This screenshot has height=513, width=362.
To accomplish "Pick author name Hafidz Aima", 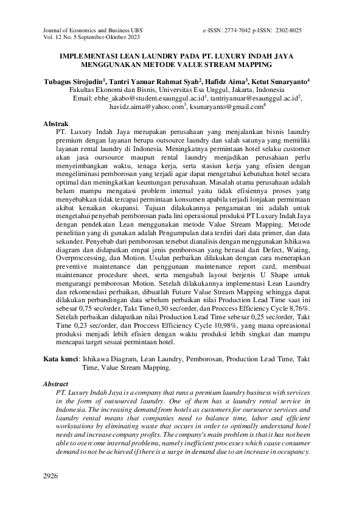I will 226,80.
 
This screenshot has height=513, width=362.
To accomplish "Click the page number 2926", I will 52,475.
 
